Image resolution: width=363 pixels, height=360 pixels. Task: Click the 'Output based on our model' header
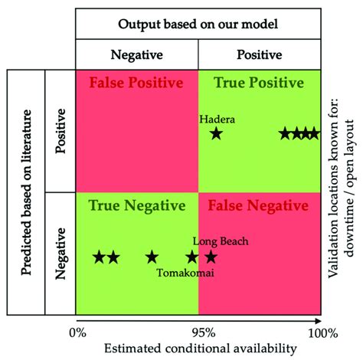[x=198, y=25]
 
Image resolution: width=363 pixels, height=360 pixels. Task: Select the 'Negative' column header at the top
[x=137, y=54]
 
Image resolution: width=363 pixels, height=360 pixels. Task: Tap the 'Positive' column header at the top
[x=260, y=54]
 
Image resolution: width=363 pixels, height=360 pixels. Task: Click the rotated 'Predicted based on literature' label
[x=26, y=192]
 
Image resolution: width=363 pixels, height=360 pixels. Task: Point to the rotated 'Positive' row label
[x=60, y=131]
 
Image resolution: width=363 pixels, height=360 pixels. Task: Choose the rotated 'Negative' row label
[x=60, y=254]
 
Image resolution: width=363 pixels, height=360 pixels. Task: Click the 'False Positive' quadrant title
[x=136, y=83]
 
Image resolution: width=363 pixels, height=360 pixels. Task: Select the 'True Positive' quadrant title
[x=259, y=83]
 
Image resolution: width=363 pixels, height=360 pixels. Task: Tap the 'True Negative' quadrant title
[x=137, y=206]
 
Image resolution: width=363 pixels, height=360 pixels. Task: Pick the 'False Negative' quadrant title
[x=258, y=206]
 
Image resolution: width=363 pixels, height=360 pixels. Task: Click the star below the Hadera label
[x=217, y=133]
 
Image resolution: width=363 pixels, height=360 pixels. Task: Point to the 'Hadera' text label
[x=217, y=119]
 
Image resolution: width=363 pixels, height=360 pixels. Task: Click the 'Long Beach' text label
[x=221, y=241]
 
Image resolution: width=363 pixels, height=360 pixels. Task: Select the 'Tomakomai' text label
[x=185, y=273]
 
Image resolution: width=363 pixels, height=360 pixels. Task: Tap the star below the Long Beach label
[x=211, y=257]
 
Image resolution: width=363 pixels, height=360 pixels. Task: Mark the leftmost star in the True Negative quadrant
[x=99, y=257]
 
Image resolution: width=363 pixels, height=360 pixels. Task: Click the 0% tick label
[x=77, y=333]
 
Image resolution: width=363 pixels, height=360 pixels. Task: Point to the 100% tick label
[x=323, y=333]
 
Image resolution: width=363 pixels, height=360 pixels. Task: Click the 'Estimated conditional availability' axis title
[x=201, y=349]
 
